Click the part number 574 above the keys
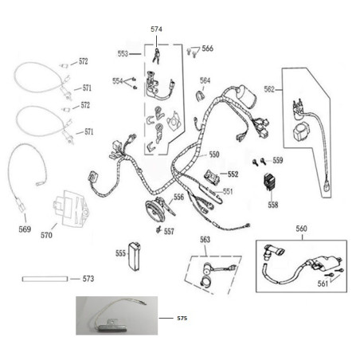tap(156, 29)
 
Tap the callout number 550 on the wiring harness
tap(214, 155)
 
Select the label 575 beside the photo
tap(182, 318)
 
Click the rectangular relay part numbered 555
tap(135, 256)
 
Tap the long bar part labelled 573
tap(45, 279)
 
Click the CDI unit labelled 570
tap(70, 208)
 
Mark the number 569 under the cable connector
tap(25, 229)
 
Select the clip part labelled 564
tap(201, 96)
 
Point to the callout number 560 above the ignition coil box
tap(301, 229)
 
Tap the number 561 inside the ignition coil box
tap(323, 284)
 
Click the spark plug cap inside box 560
tap(272, 252)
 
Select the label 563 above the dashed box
tap(205, 240)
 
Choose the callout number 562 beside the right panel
tap(269, 89)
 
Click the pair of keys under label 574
tap(156, 56)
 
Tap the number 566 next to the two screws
tap(208, 49)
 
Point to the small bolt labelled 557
tap(158, 229)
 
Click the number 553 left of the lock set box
tap(123, 53)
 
